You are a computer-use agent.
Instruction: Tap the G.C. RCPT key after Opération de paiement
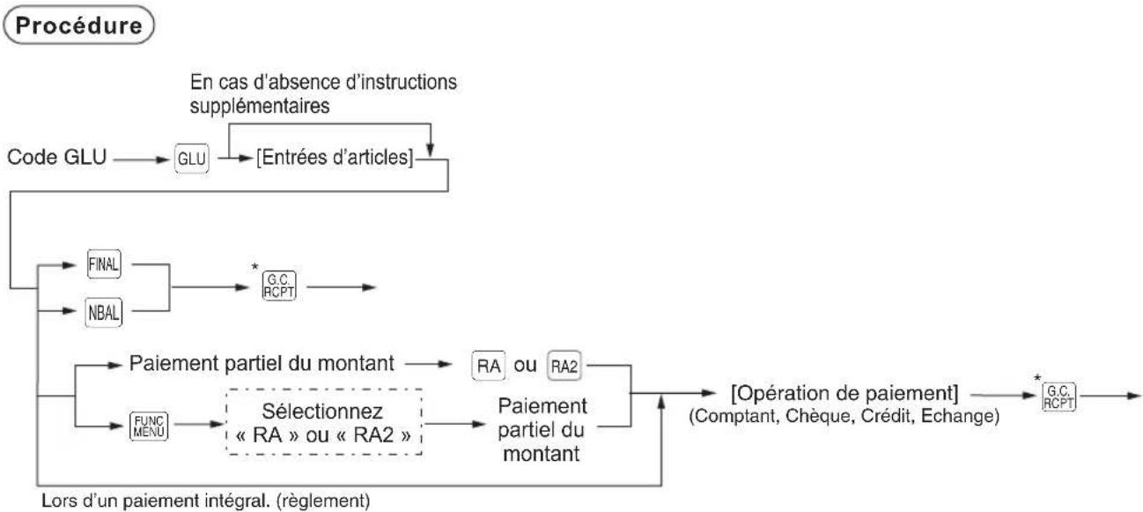tap(1074, 394)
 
